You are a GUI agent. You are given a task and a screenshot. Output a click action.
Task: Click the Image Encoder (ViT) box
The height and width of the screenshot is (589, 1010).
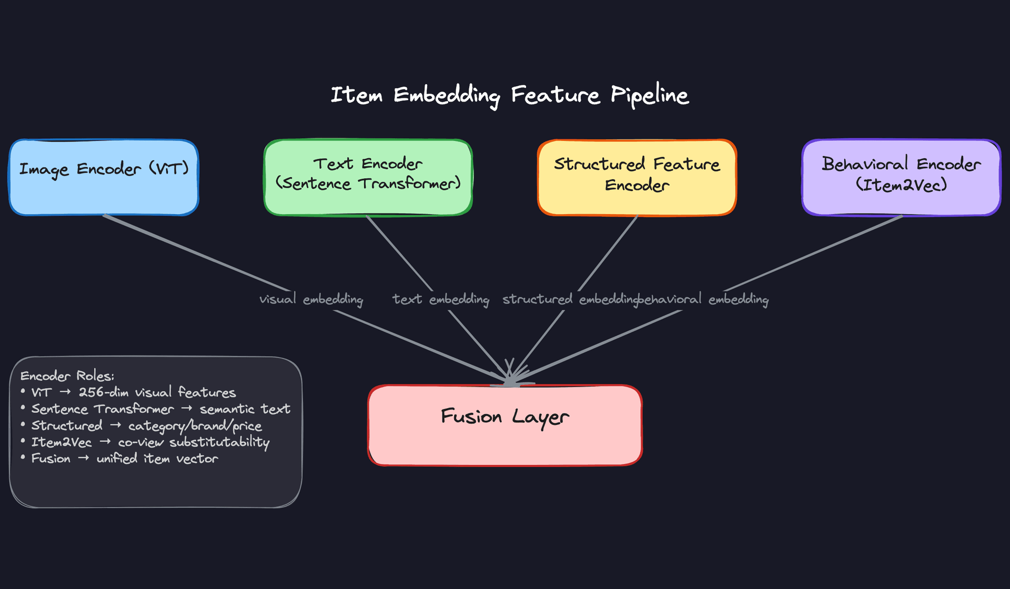click(x=104, y=177)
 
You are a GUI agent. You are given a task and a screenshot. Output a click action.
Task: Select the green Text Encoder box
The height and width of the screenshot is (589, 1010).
click(x=368, y=177)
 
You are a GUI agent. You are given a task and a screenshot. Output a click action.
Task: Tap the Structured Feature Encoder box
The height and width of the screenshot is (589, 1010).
click(x=637, y=177)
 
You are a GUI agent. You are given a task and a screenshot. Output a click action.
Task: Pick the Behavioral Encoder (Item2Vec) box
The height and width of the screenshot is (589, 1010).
click(x=901, y=177)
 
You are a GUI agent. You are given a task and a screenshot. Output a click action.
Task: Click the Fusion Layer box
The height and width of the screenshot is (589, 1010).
click(x=505, y=425)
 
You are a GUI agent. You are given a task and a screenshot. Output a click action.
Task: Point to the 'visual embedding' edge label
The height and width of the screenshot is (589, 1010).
click(x=311, y=299)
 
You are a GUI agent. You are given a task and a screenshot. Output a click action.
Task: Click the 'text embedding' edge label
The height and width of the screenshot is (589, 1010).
click(x=441, y=299)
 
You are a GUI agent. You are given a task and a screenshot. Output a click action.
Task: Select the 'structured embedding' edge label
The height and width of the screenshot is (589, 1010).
click(x=570, y=299)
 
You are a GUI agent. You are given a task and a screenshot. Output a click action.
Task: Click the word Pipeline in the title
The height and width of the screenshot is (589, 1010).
click(x=649, y=95)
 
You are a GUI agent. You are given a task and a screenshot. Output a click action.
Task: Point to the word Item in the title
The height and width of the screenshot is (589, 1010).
click(x=357, y=95)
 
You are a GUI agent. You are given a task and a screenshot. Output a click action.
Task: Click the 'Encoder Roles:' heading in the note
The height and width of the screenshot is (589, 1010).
click(x=67, y=375)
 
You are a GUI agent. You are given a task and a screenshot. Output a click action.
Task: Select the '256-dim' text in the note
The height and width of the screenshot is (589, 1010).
click(x=104, y=392)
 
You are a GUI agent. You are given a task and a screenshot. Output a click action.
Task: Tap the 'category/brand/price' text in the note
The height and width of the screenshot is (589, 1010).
click(x=195, y=425)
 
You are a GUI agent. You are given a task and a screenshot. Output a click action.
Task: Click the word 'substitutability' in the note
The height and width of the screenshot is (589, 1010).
click(x=219, y=442)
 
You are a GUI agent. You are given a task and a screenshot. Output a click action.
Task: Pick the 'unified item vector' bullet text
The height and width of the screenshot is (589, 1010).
click(x=157, y=459)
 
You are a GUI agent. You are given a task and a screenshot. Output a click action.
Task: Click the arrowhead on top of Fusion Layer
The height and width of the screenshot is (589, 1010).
click(x=510, y=377)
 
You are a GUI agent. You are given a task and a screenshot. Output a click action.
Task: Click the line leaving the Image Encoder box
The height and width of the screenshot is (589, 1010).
click(x=195, y=252)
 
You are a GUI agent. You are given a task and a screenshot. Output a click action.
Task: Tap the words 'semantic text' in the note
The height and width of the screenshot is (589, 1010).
click(x=245, y=409)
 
